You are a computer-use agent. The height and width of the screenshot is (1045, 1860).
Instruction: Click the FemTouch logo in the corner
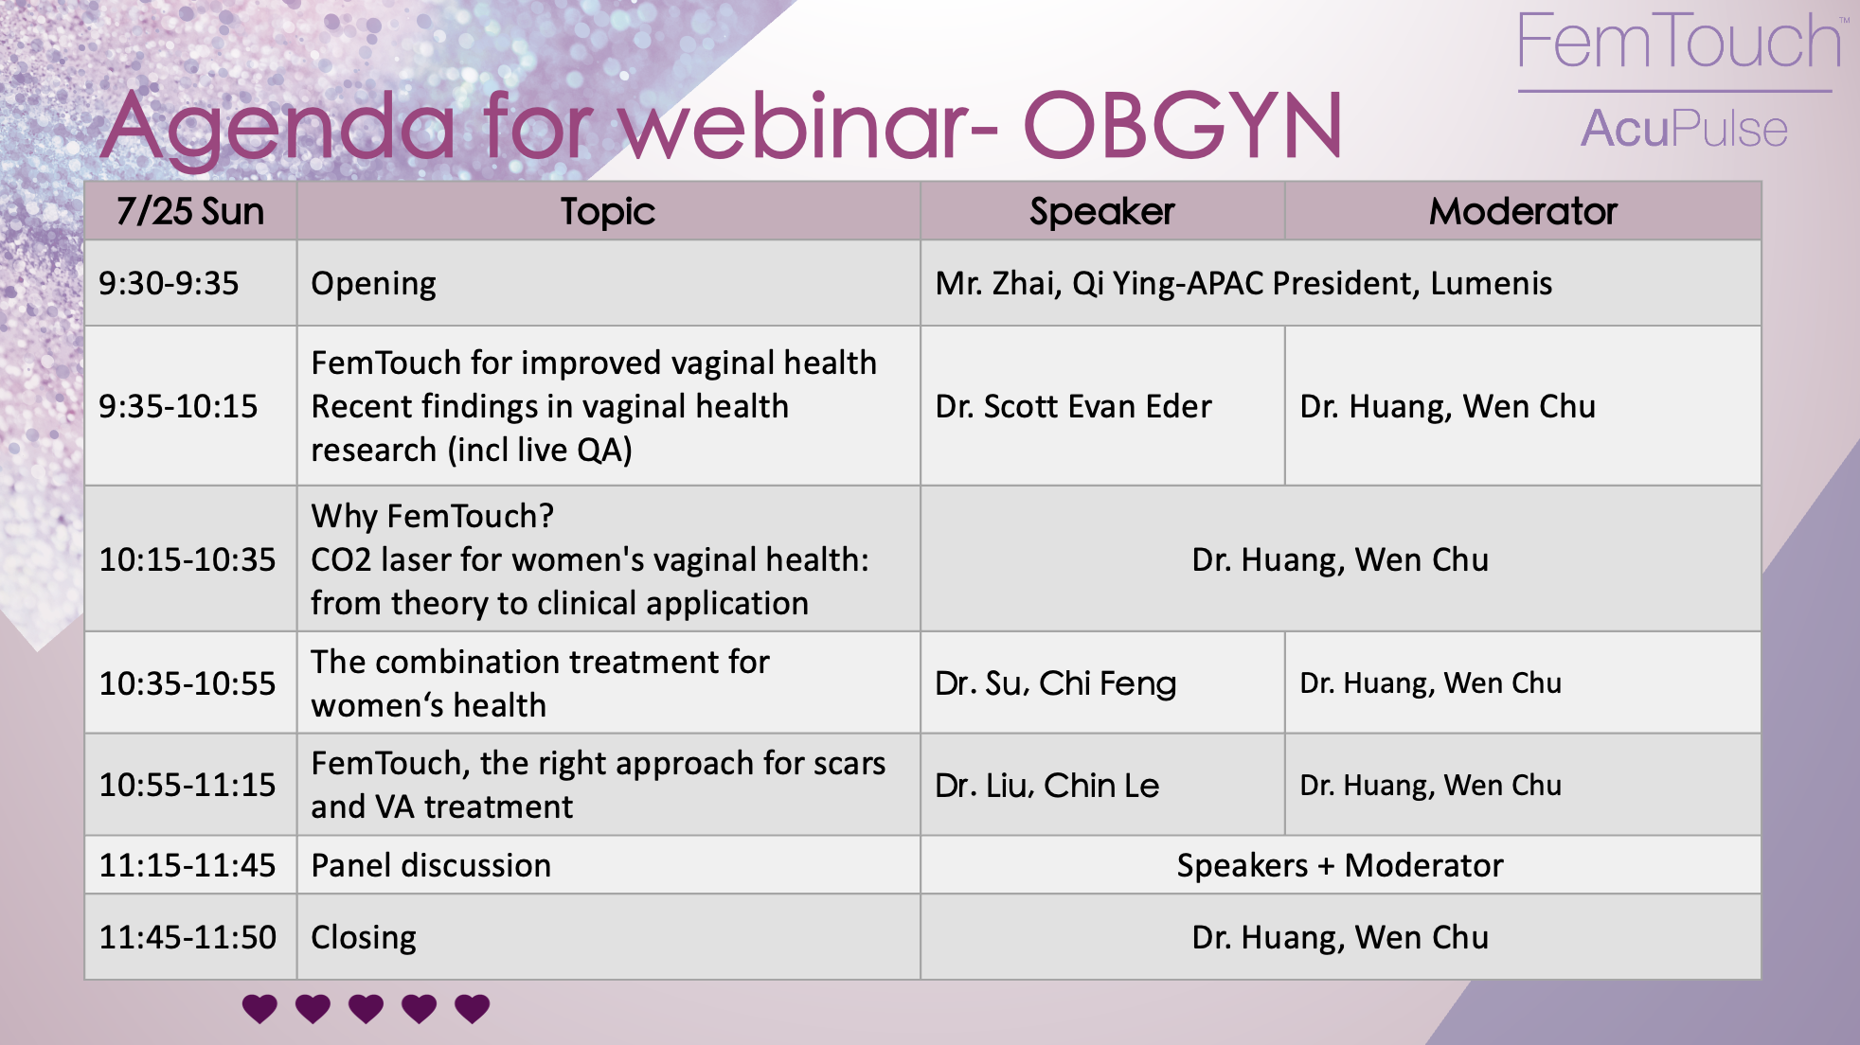point(1679,42)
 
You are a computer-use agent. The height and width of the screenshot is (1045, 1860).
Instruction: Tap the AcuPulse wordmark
point(1684,129)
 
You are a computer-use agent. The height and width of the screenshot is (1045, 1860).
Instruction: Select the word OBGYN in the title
point(1183,125)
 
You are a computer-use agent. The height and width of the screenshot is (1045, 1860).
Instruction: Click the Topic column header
point(608,211)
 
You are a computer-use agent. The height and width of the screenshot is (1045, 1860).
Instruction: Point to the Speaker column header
point(1102,211)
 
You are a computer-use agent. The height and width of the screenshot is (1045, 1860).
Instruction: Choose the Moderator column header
point(1523,211)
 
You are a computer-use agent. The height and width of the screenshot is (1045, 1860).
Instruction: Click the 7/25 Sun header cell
point(190,211)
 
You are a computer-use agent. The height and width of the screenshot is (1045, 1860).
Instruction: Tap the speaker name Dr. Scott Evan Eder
point(1073,406)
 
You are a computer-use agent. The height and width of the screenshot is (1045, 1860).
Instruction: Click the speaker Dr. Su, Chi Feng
point(1055,683)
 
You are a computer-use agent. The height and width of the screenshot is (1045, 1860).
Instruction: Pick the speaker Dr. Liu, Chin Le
point(1046,785)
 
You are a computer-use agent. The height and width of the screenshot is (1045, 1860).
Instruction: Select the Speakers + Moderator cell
point(1340,865)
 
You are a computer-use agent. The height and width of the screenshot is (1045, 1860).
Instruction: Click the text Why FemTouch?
point(433,516)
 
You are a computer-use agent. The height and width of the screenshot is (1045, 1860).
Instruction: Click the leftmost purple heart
point(259,1009)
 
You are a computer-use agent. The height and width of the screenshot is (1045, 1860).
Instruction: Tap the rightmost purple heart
point(473,1009)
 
